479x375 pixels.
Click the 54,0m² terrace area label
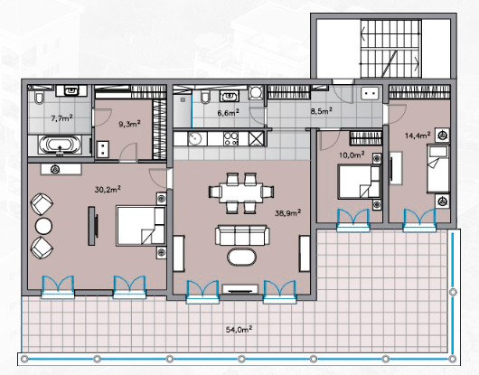point(239,329)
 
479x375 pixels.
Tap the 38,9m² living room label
point(288,212)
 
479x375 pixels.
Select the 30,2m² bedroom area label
point(108,190)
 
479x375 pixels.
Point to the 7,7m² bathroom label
point(61,117)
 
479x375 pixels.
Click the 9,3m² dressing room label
point(129,124)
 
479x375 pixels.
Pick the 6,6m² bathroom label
point(228,113)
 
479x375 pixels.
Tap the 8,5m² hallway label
point(322,110)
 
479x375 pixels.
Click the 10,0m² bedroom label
point(352,155)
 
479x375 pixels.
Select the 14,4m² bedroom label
point(418,135)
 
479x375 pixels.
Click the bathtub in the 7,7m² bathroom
point(61,145)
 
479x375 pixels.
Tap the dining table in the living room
point(241,193)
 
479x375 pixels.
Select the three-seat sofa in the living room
point(242,236)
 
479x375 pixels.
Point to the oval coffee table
point(241,258)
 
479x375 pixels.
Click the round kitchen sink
point(194,139)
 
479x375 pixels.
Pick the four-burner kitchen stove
point(231,138)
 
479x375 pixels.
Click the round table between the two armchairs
point(43,226)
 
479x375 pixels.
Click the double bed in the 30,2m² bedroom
point(141,226)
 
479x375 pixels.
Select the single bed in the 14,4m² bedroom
point(437,169)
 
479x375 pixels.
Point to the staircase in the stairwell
point(391,49)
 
